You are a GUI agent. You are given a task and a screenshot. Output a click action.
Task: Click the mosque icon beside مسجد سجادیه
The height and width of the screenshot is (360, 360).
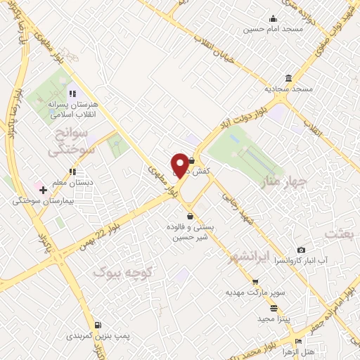[289, 78]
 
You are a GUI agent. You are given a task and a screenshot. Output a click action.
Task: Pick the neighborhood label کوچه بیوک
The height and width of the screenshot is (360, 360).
[113, 270]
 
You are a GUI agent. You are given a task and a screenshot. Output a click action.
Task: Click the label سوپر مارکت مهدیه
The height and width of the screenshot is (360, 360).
[254, 290]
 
